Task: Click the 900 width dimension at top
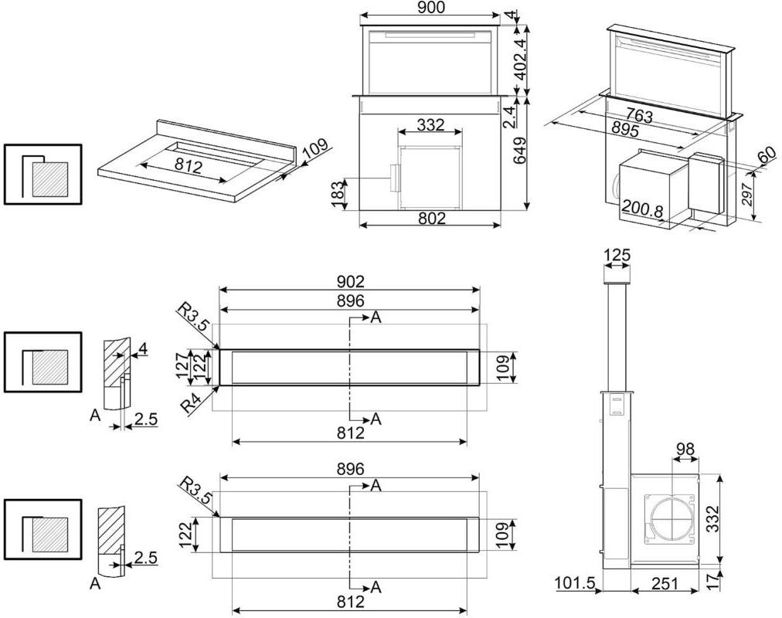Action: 430,8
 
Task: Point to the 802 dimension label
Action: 431,219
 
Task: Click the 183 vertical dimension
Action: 338,193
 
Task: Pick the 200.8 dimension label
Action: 643,210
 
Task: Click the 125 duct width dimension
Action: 616,255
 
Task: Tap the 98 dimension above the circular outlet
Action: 685,449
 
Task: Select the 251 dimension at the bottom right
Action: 665,584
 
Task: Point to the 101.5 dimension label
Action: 575,584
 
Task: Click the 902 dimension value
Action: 350,282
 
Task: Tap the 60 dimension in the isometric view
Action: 766,154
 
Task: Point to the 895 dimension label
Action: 624,130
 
